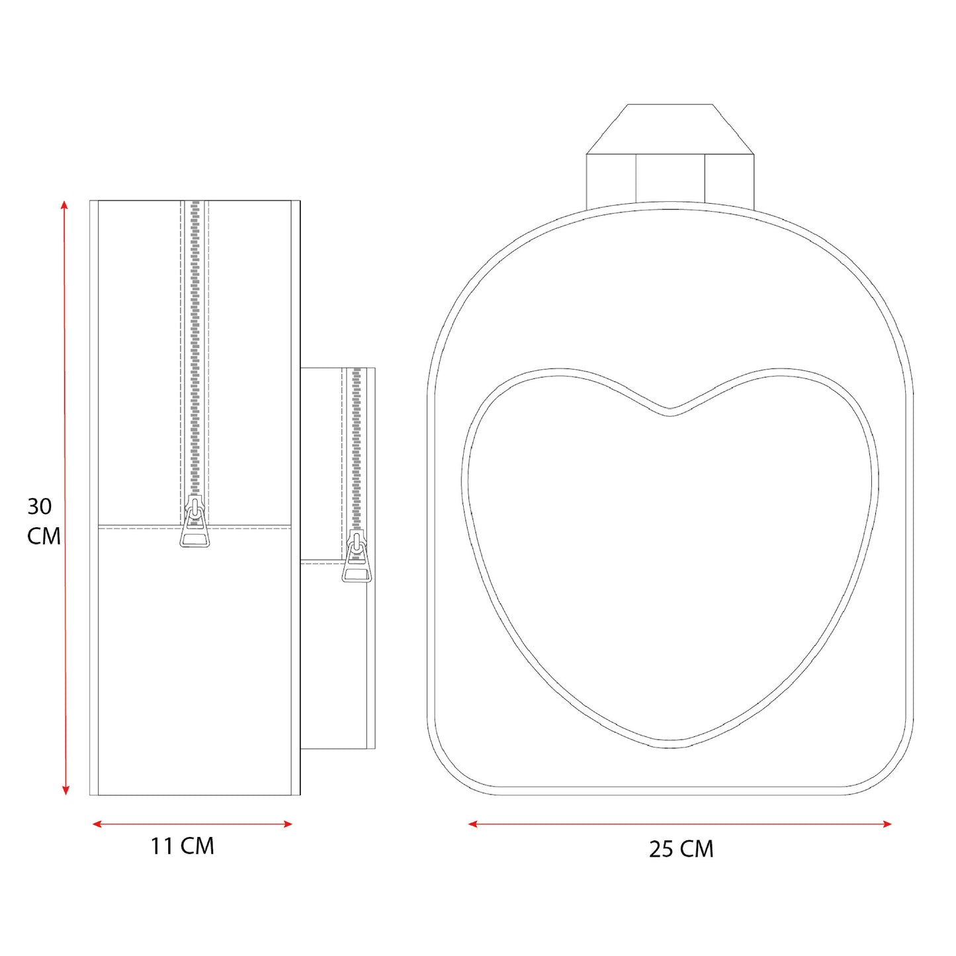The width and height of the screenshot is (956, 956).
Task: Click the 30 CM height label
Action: pos(44,521)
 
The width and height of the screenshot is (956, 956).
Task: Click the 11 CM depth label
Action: pos(183,846)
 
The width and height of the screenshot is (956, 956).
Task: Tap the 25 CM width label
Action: pos(681,849)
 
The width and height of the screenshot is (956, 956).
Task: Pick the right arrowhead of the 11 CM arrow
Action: pos(287,824)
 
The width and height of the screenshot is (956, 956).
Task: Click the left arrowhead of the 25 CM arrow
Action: pos(473,824)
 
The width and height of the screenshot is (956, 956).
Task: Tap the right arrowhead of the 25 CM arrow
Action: pos(887,824)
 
